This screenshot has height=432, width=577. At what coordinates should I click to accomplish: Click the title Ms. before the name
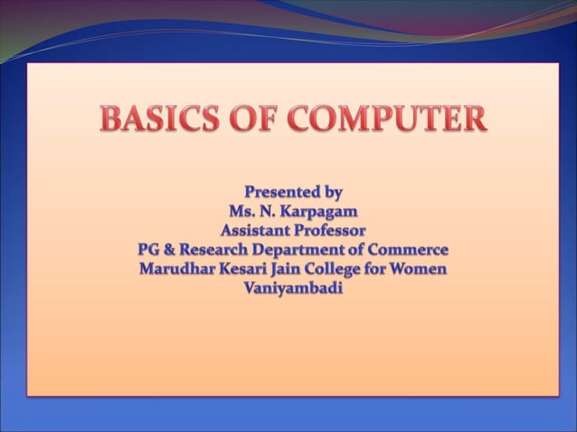click(x=243, y=211)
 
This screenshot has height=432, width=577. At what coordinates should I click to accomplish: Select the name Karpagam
click(x=315, y=211)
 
